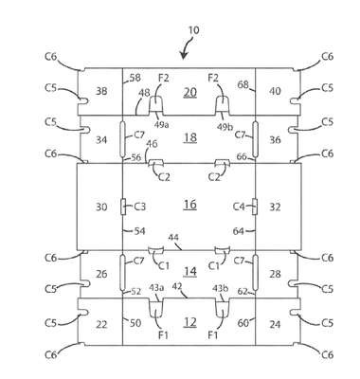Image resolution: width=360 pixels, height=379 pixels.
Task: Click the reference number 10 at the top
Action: pos(193,30)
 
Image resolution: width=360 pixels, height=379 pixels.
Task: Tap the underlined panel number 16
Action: pos(190,205)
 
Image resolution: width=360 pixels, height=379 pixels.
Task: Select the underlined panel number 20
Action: pos(190,92)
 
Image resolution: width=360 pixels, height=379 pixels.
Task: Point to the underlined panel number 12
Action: pos(190,322)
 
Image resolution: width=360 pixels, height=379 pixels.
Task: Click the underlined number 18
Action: pos(190,137)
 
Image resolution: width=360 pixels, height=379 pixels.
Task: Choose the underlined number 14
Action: pos(190,272)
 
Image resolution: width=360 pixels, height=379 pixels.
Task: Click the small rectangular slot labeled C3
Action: pos(123,207)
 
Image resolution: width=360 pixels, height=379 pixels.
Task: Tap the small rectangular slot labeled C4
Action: pos(255,207)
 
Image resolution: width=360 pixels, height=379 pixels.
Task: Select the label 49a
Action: pos(161,125)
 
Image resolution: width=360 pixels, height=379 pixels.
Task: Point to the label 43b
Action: pos(219,288)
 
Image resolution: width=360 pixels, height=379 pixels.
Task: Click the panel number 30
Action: pos(101,208)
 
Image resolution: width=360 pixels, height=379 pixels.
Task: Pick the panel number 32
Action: pos(275,208)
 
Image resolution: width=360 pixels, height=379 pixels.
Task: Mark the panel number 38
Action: pos(101,91)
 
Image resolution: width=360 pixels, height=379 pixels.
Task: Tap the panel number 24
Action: pos(275,324)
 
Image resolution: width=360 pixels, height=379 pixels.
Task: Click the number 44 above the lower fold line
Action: pos(172,237)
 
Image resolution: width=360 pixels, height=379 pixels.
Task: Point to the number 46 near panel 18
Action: pos(152,144)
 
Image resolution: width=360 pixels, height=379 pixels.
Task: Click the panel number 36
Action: pos(275,139)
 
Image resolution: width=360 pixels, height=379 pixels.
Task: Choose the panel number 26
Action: pos(101,274)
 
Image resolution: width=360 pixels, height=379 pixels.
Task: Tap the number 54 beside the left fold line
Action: pos(139,231)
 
